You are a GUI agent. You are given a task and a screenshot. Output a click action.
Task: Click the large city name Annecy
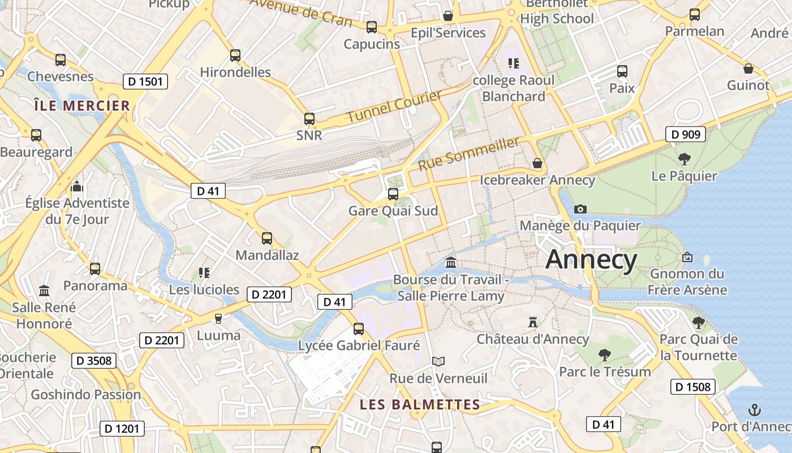tap(591, 260)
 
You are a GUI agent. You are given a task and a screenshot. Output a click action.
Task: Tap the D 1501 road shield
tap(145, 82)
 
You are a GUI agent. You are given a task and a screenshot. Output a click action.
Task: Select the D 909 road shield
tap(686, 134)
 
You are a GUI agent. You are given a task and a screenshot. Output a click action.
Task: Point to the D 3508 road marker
tap(94, 360)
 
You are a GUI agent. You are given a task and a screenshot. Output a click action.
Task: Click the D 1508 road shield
tap(692, 387)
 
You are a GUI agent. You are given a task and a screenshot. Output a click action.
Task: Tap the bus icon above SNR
tap(309, 119)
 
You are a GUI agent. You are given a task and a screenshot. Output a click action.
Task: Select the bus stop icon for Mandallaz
tap(267, 238)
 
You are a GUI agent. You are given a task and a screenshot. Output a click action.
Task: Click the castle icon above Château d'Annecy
tap(532, 322)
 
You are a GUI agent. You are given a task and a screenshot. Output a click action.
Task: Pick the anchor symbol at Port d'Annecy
tap(754, 409)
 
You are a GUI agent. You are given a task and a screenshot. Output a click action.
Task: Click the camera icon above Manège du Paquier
tap(580, 209)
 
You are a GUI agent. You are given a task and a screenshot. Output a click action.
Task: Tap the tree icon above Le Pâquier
tap(684, 159)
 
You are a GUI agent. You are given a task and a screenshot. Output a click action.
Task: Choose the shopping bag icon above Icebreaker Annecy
tap(537, 164)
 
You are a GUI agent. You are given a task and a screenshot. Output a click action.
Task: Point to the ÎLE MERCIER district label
tap(82, 106)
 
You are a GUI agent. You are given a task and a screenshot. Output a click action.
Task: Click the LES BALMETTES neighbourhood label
tap(420, 405)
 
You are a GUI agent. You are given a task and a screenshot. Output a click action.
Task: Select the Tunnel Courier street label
tap(394, 106)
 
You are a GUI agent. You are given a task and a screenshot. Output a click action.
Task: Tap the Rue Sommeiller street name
tap(468, 154)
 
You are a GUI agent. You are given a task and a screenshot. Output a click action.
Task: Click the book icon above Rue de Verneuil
tap(438, 361)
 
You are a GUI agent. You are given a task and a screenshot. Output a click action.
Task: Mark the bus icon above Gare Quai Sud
tap(393, 194)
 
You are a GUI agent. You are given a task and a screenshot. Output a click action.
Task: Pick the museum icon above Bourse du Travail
tap(451, 263)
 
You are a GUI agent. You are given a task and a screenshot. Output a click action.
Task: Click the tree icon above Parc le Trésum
tap(604, 355)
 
